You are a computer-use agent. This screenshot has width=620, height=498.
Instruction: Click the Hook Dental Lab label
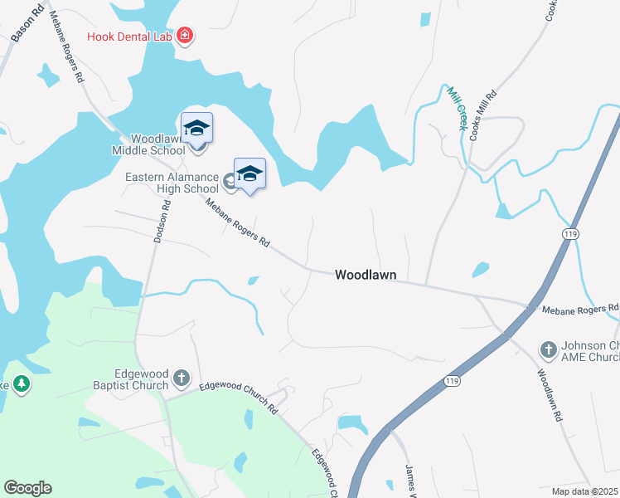click(x=132, y=37)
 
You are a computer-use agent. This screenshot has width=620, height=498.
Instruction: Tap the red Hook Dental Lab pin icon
click(x=185, y=36)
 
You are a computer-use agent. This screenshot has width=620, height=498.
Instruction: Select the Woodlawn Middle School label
click(x=149, y=144)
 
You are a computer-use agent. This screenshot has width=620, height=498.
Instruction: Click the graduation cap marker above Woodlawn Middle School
click(x=196, y=128)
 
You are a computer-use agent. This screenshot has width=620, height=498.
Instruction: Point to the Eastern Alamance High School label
click(x=172, y=183)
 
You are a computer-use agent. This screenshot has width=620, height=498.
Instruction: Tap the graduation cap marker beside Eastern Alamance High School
click(x=249, y=173)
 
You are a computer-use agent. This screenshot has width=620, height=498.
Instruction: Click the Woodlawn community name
click(x=366, y=275)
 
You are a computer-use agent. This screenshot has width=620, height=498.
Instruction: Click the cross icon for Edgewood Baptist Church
click(x=182, y=380)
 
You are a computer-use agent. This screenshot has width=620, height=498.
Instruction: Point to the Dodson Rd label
click(x=162, y=222)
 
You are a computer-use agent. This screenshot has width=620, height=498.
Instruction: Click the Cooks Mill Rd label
click(x=483, y=115)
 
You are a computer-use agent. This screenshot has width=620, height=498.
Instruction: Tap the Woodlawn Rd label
click(x=550, y=397)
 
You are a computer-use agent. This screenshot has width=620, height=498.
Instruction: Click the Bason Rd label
click(x=27, y=25)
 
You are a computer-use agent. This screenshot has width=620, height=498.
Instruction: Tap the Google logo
click(x=27, y=488)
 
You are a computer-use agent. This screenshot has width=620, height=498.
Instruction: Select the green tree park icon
click(x=22, y=383)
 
